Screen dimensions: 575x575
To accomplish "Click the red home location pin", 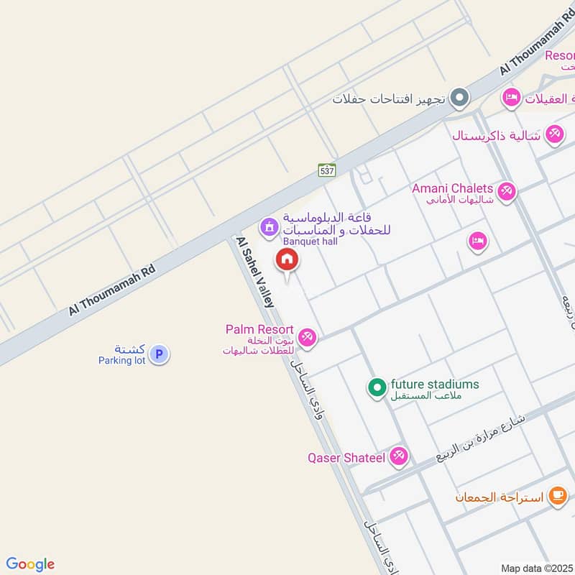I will [287, 259].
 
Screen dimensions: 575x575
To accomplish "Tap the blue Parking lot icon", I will [159, 354].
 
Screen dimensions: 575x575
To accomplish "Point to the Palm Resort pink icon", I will [307, 336].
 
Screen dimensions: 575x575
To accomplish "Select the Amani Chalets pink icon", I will [507, 192].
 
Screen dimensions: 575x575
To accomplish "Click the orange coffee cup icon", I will [557, 495].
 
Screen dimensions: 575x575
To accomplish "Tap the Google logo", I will [30, 564].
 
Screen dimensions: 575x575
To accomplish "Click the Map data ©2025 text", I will [537, 569].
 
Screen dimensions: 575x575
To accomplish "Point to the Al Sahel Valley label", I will [255, 274].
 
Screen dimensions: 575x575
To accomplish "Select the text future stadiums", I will [434, 384].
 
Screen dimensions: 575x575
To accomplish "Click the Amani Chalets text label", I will [452, 188].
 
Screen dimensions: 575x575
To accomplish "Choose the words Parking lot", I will [121, 359].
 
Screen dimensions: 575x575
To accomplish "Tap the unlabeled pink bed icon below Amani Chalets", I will [477, 241].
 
